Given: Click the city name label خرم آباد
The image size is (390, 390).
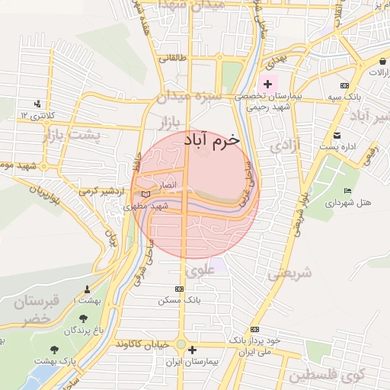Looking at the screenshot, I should click(x=211, y=141).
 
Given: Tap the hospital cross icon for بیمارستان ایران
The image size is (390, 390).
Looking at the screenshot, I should click(x=192, y=350).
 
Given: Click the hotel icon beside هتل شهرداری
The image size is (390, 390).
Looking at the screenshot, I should click(x=348, y=190).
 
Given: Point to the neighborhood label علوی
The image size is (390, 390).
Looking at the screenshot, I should click(x=200, y=270).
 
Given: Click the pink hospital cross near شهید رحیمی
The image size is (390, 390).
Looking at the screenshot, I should click(x=267, y=82).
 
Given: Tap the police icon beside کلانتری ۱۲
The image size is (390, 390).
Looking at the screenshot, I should click(x=37, y=104).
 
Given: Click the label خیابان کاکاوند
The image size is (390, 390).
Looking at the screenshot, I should click(x=145, y=344).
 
